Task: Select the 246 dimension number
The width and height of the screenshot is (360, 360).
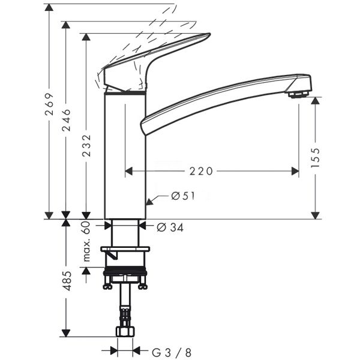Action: (67, 120)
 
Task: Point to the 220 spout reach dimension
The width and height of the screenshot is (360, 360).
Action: (201, 172)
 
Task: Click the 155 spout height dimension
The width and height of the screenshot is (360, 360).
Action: (316, 158)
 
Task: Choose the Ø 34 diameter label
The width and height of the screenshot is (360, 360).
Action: (170, 227)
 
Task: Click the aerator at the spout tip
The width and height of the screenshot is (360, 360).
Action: (298, 93)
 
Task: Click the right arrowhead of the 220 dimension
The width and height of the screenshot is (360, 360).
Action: (295, 172)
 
